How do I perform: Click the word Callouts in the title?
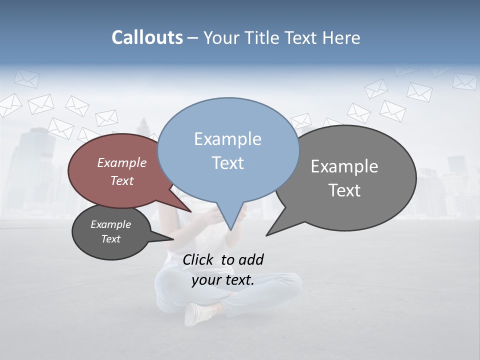tap(147, 37)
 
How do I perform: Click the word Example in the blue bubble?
tap(227, 139)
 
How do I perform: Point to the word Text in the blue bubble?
tap(227, 163)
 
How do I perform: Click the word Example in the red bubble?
tap(121, 163)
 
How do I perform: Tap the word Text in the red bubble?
tap(121, 180)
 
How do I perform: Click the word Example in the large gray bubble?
tap(344, 166)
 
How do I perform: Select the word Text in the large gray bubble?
tap(344, 190)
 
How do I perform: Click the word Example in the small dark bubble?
tap(110, 224)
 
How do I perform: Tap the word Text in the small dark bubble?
tap(110, 239)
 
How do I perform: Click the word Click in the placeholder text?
tap(197, 259)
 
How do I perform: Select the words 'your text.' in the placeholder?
tap(223, 280)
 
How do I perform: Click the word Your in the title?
tap(222, 37)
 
